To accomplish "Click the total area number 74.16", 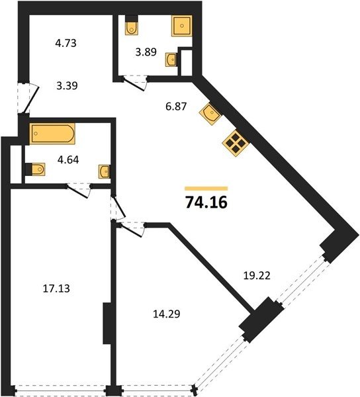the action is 206,202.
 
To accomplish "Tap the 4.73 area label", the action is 66,43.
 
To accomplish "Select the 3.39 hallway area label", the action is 67,85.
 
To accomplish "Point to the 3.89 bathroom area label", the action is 146,52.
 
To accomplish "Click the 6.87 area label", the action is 176,107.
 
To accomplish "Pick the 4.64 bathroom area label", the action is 68,159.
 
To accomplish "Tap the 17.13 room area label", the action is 56,288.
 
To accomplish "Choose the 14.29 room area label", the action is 167,314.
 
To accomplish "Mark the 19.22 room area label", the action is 257,275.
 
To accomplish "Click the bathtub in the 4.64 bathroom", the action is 52,134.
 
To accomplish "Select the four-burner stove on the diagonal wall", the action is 236,144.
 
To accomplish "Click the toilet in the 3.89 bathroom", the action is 132,25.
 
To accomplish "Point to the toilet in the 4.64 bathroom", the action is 35,169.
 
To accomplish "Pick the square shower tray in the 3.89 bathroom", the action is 182,26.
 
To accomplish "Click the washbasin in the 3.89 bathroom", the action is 172,60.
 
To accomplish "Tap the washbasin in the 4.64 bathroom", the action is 105,171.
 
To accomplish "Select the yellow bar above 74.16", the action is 206,189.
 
